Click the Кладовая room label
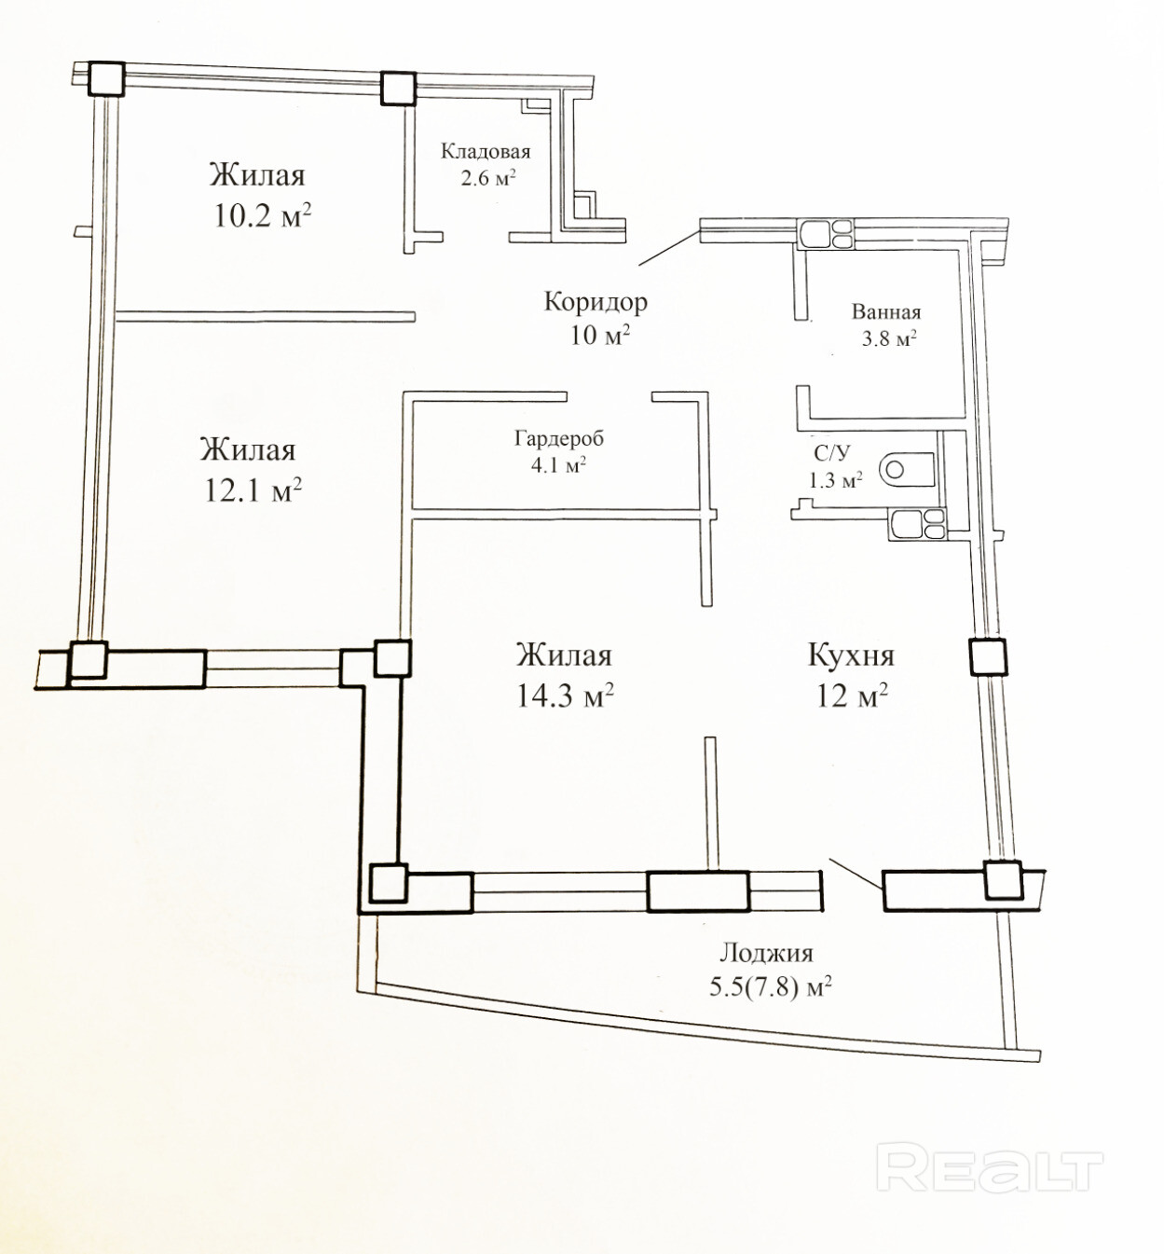485,151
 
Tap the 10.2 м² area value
262,216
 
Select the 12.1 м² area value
253,489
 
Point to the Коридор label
596,301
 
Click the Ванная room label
885,312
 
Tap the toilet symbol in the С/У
906,467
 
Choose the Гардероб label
558,437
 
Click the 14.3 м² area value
565,696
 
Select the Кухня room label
850,655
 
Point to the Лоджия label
765,953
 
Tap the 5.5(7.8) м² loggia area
770,986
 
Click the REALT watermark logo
989,1170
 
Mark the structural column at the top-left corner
105,78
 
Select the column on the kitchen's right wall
988,656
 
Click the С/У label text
831,453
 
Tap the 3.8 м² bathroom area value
888,338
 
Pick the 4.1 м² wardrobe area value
558,463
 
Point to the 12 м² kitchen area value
852,696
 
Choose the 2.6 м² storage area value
487,177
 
